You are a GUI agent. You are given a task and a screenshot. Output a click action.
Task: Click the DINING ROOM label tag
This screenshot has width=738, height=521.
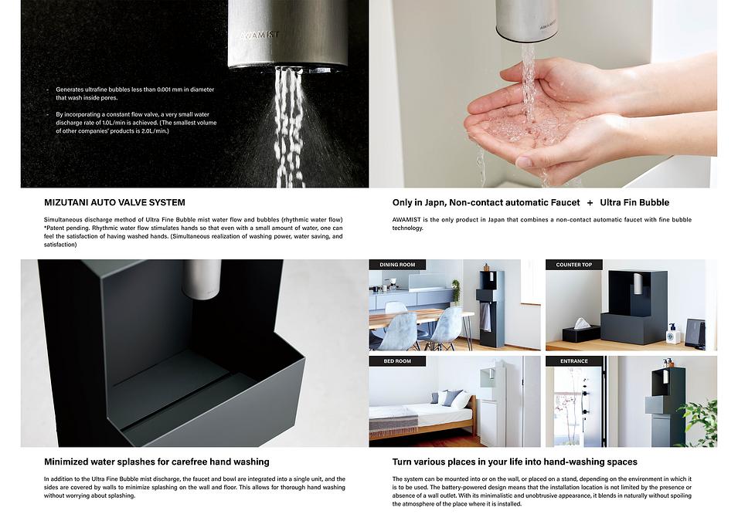pos(397,265)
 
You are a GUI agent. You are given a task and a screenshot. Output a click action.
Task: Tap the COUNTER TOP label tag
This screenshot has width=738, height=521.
pos(573,265)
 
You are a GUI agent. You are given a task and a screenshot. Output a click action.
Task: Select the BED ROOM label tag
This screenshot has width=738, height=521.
pos(397,361)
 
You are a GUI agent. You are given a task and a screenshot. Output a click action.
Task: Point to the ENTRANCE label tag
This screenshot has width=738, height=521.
pos(573,361)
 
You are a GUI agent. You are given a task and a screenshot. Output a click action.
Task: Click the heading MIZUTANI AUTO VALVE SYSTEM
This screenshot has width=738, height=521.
pos(114,203)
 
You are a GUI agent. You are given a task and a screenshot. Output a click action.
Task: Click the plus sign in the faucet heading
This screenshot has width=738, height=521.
pos(590,203)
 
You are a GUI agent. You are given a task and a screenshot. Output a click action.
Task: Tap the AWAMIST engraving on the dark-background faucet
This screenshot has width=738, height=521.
pos(260,35)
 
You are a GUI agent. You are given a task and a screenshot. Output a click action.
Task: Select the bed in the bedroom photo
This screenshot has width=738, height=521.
pos(421,416)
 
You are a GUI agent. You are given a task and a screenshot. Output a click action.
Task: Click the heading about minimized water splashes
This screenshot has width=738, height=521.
pos(157,462)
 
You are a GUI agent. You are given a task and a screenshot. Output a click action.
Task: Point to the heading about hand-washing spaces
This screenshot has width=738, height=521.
pos(515,462)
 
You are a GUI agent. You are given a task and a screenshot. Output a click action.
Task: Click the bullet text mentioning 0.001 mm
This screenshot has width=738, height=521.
pos(134,93)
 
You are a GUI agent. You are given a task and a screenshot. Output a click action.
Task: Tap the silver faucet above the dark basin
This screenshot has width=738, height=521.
pos(202,279)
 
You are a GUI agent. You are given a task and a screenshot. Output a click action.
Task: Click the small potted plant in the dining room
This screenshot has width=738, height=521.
pos(456,292)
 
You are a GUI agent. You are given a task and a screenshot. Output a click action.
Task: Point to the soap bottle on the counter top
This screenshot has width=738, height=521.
pos(672,334)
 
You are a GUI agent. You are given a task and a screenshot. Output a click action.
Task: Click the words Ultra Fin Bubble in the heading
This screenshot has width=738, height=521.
pos(634,203)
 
